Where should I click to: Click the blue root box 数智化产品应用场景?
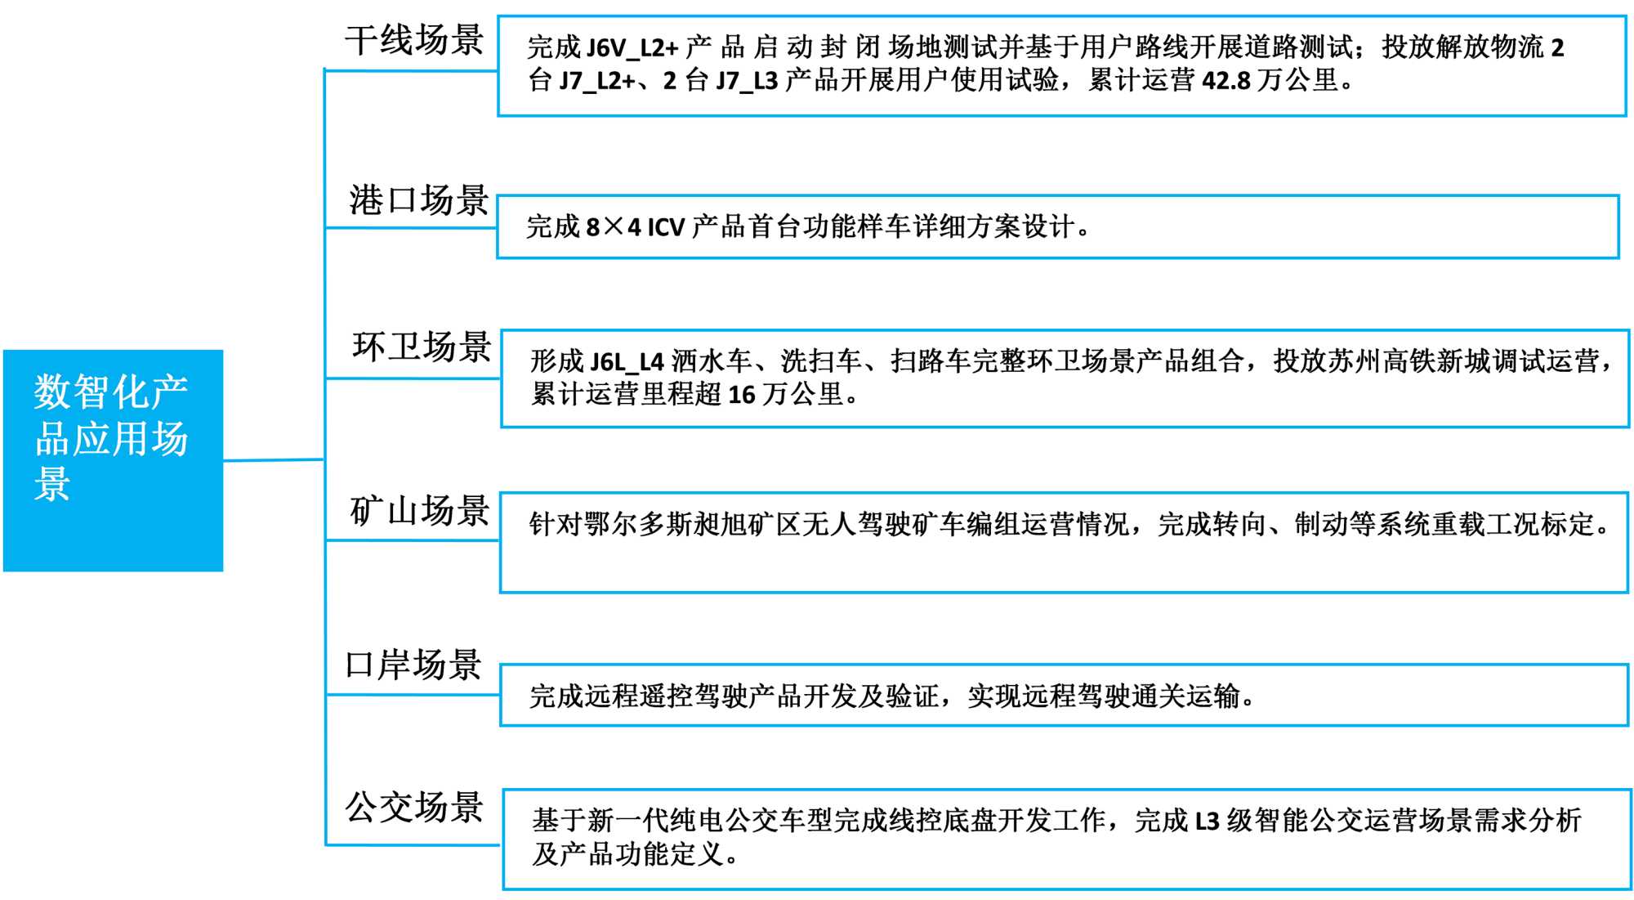113,460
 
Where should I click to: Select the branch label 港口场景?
418,200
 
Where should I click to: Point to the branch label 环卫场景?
422,347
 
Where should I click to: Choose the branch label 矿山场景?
420,511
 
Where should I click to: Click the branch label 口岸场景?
413,665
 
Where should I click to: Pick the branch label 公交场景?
414,808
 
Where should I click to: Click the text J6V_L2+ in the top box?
632,48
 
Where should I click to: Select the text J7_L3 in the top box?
747,81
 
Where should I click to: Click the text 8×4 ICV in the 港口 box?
635,227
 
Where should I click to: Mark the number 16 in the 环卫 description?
741,395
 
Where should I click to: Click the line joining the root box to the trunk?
274,460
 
